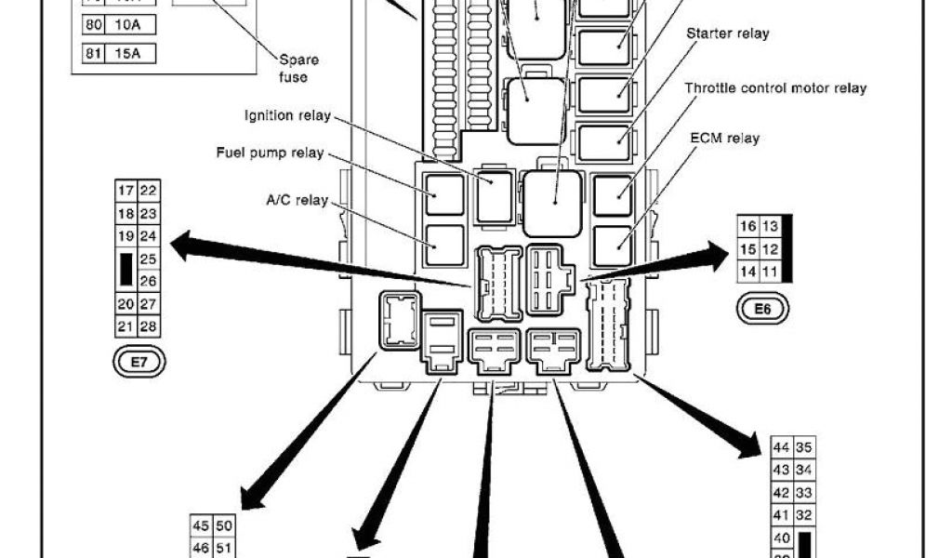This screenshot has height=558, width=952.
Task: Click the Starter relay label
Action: [728, 34]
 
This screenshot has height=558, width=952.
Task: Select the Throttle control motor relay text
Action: [775, 88]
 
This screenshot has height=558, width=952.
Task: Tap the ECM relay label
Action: [725, 138]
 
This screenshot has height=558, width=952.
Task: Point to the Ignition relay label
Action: [286, 116]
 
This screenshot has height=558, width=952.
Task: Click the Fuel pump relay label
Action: [270, 153]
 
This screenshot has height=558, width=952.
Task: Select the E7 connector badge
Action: [139, 363]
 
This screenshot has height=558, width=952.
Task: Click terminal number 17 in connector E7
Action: [126, 191]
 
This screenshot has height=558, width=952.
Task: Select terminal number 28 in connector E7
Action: [148, 326]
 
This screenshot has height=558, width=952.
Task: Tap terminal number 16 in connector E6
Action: [747, 226]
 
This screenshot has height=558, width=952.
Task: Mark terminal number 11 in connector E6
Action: [770, 272]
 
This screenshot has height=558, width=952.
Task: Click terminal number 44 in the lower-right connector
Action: [782, 447]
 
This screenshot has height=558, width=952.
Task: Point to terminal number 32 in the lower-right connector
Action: [804, 515]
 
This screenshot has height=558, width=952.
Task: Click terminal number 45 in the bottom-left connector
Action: [202, 526]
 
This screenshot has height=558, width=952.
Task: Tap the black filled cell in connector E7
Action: [126, 269]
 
